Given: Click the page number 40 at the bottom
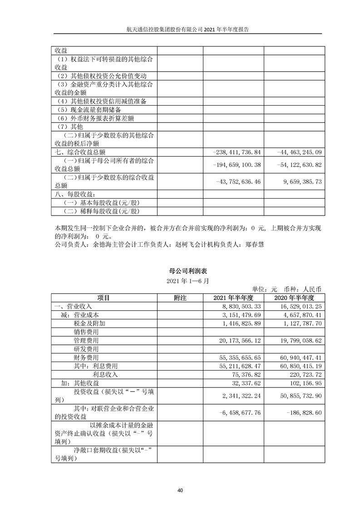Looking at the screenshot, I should click(x=180, y=490).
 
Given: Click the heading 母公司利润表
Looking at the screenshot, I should click(x=180, y=270).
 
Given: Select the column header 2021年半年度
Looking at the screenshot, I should click(x=232, y=298).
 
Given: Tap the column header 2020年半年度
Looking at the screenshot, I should click(x=294, y=298).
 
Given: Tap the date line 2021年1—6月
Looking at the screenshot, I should click(x=180, y=281).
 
